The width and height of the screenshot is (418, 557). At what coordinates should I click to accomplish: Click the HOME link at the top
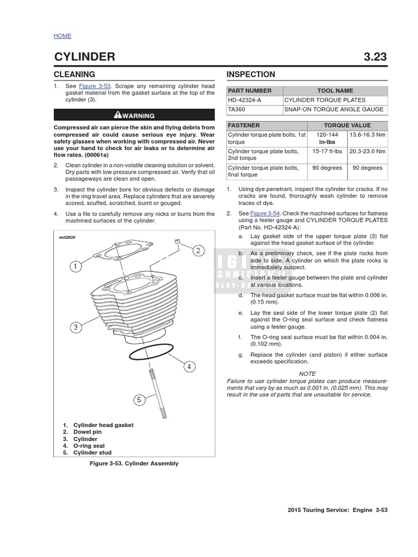[x=62, y=36]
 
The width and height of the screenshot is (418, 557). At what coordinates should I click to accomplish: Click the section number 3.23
[x=375, y=57]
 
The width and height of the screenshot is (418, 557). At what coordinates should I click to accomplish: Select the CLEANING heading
[x=74, y=75]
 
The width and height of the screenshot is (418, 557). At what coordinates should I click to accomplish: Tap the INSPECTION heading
[x=250, y=75]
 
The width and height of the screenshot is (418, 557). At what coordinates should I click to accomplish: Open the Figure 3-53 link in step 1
[x=95, y=86]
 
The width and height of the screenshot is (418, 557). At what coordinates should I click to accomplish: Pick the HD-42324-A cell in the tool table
[x=243, y=100]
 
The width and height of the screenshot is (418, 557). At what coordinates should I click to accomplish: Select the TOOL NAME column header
[x=335, y=91]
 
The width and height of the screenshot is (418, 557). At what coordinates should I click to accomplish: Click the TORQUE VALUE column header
[x=347, y=125]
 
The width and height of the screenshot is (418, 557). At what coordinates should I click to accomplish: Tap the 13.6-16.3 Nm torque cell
[x=367, y=134]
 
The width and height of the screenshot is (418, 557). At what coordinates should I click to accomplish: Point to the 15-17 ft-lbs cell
[x=327, y=151]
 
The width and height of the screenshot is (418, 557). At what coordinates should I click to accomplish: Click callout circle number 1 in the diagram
[x=75, y=267]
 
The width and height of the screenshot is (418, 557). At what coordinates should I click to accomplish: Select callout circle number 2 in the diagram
[x=198, y=250]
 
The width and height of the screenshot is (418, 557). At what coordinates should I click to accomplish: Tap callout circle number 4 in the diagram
[x=189, y=367]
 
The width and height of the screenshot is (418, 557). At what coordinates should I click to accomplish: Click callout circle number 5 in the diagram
[x=139, y=400]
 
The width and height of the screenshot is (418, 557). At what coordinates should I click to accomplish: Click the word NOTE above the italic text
[x=307, y=374]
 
